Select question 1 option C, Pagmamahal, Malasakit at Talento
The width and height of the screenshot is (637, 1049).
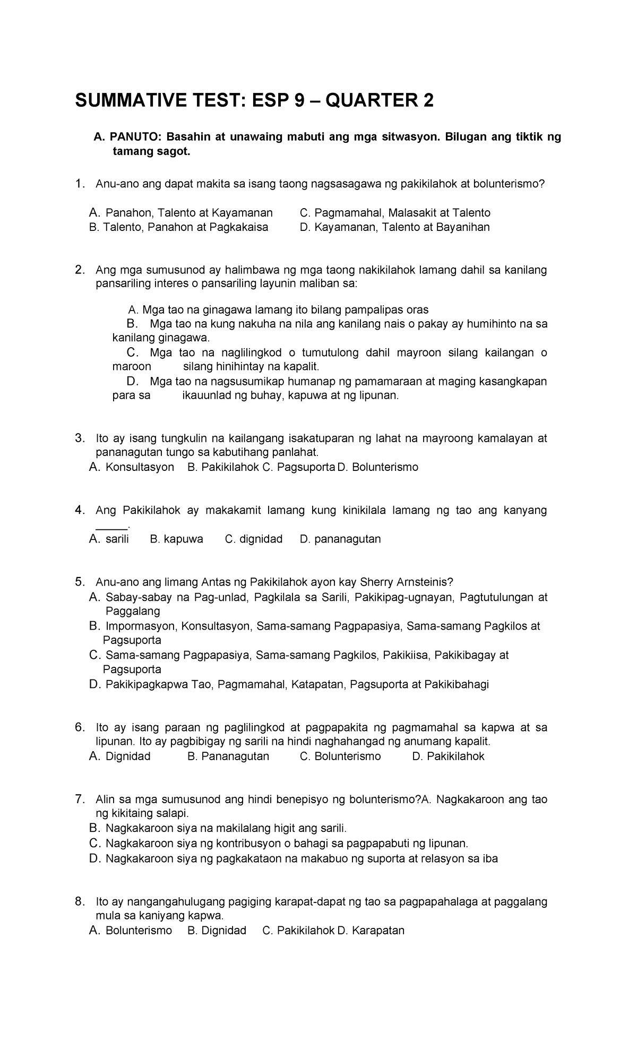coord(395,213)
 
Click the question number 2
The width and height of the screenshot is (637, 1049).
coord(80,270)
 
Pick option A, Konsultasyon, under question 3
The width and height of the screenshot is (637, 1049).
coord(132,467)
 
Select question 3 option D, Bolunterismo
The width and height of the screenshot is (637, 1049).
coord(377,467)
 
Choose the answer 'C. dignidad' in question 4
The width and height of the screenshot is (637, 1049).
coord(254,539)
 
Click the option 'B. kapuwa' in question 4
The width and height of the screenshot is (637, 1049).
coord(177,539)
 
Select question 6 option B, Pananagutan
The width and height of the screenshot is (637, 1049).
coord(228,756)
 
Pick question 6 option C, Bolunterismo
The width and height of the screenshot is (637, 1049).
coord(340,756)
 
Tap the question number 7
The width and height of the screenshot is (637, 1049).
coord(80,799)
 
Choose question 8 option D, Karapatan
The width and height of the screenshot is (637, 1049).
coord(371,931)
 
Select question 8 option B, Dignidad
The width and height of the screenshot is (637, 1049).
coord(217,931)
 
